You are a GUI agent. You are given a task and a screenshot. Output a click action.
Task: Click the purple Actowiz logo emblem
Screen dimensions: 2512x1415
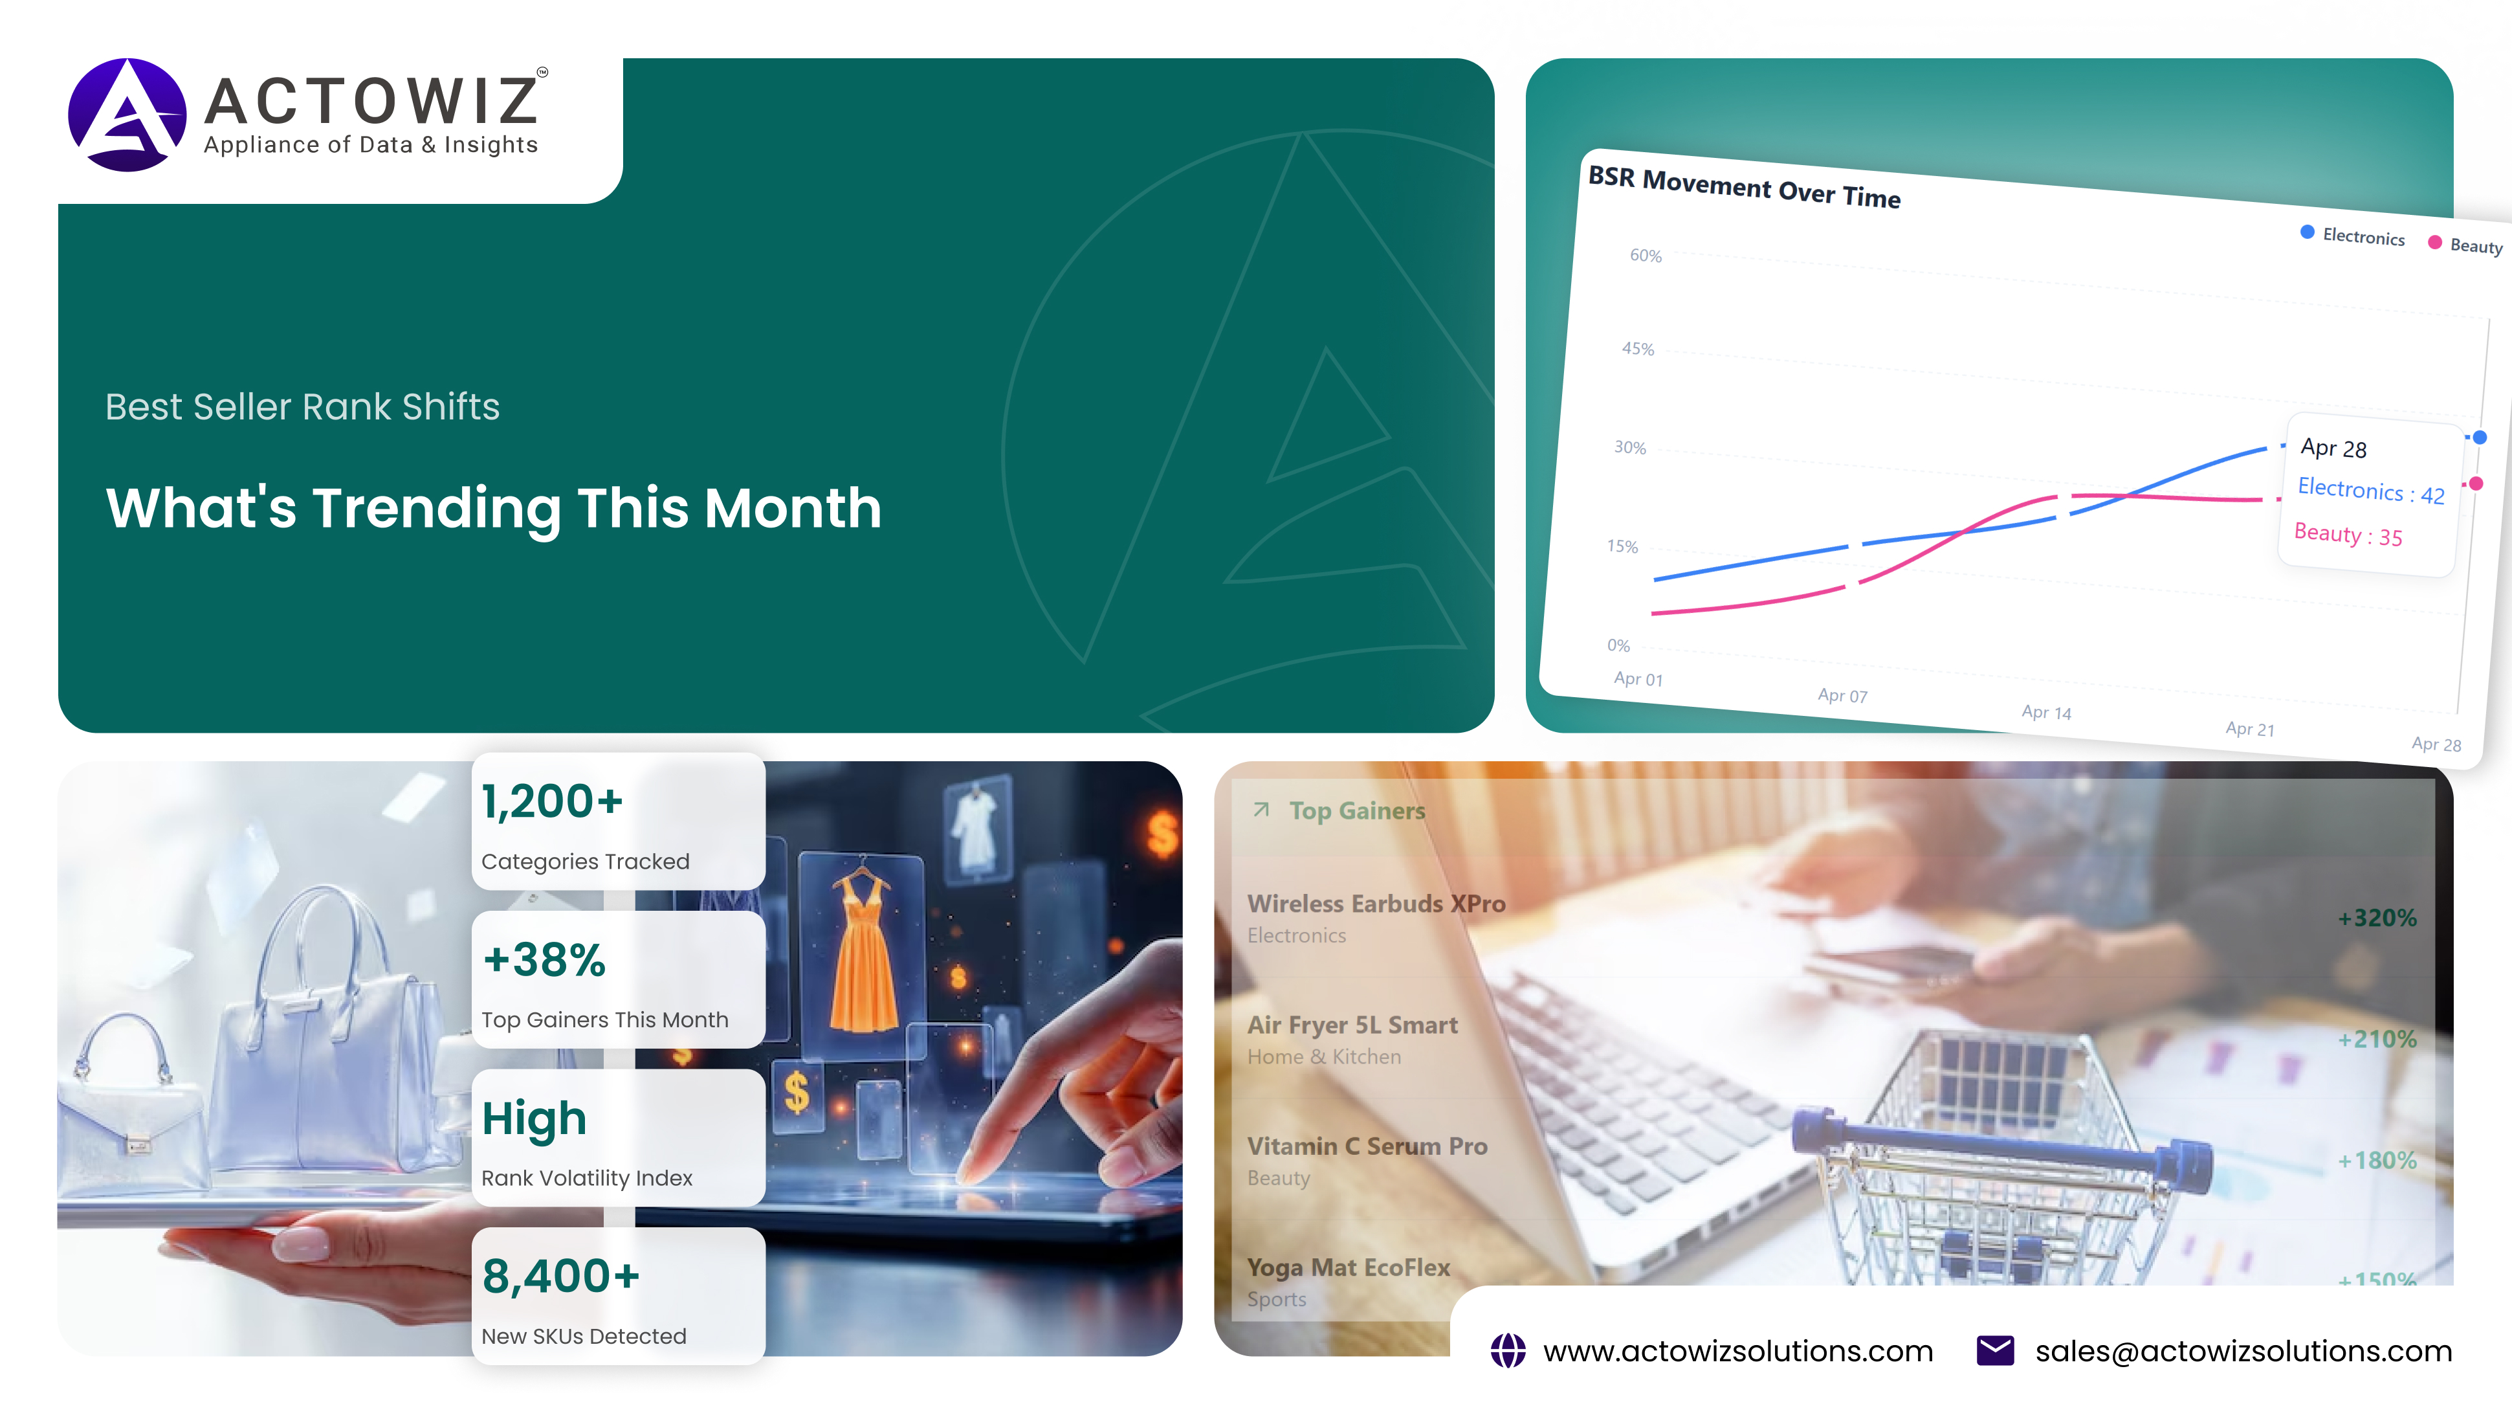tap(127, 115)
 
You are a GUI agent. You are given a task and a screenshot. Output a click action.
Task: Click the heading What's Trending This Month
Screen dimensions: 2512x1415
tap(494, 508)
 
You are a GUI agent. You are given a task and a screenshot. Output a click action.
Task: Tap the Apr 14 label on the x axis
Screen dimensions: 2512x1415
tap(2046, 712)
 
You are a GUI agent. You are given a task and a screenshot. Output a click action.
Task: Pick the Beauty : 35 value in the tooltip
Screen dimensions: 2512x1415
tap(2348, 535)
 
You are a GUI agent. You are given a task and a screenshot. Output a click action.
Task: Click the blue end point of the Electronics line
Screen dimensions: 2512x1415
tap(2480, 437)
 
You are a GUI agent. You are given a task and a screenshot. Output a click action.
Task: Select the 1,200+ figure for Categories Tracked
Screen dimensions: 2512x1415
tap(552, 801)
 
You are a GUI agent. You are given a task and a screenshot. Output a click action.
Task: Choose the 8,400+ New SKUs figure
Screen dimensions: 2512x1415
tap(561, 1276)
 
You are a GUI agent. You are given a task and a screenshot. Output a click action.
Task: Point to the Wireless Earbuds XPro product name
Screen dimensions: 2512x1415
tap(1376, 904)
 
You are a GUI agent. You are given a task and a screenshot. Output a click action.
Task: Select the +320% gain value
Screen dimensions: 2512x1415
tap(2377, 918)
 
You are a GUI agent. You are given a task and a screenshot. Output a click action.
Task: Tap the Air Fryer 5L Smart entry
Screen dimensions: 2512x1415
tap(1352, 1025)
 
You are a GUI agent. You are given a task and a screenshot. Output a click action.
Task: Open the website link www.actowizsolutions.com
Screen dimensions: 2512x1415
tap(1737, 1351)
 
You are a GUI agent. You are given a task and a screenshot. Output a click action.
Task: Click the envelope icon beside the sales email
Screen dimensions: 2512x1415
tap(1995, 1351)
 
